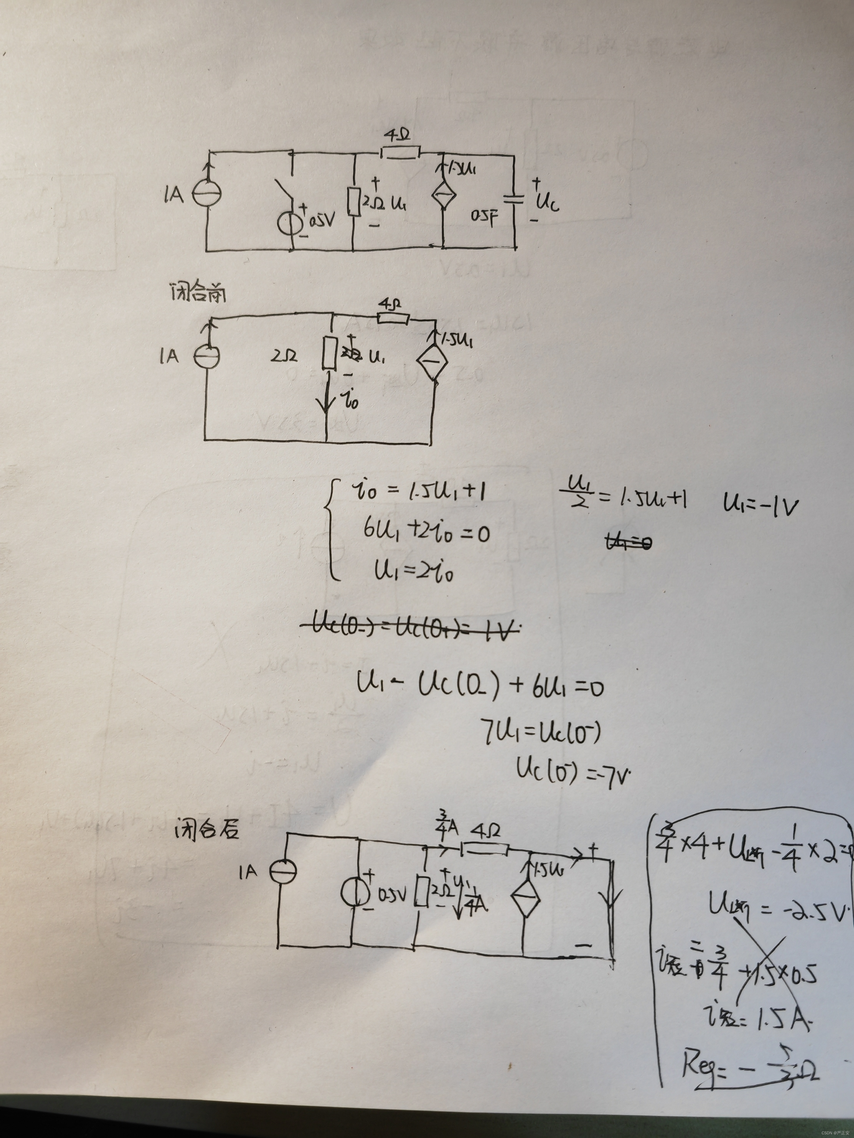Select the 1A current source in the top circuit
point(207,194)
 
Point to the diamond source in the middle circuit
point(431,362)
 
